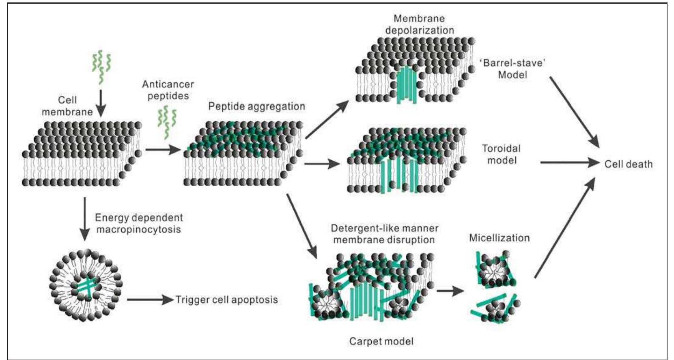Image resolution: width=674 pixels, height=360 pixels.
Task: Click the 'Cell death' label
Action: click(x=628, y=164)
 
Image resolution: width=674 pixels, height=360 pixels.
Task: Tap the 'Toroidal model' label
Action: click(x=502, y=154)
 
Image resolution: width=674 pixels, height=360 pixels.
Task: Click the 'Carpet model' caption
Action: click(x=381, y=341)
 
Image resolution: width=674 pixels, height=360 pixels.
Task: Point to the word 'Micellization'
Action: click(x=499, y=238)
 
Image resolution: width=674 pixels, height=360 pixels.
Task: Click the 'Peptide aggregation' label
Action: click(x=256, y=107)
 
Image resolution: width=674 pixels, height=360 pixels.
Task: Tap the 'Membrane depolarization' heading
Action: click(x=419, y=24)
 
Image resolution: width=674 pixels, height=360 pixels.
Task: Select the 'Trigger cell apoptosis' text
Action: click(x=226, y=300)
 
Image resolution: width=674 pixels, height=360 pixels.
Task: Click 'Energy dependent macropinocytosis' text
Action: click(x=139, y=224)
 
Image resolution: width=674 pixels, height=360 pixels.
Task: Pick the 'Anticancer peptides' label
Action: click(x=168, y=90)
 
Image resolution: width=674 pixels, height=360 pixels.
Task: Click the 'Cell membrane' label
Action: click(x=67, y=106)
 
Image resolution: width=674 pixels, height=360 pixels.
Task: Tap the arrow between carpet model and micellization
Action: click(x=450, y=291)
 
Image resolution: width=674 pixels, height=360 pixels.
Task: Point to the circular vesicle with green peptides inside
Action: click(x=86, y=285)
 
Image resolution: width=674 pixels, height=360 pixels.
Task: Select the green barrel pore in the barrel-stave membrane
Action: click(x=406, y=85)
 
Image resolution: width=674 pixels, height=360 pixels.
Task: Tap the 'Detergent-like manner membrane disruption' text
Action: click(x=384, y=234)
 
